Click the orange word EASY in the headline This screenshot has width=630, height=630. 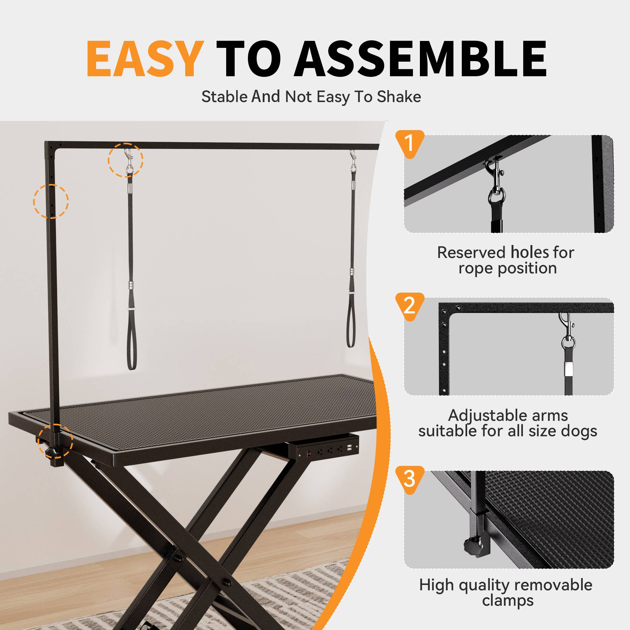(145, 59)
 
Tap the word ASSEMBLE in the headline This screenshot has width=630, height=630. (421, 59)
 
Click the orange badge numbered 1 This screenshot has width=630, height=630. (409, 142)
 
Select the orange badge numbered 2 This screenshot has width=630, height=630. (409, 306)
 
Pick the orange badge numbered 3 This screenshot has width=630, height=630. (409, 479)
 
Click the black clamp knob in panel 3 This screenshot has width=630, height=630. (472, 547)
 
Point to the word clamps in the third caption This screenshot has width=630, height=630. (507, 600)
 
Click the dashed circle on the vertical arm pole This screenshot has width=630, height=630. (51, 201)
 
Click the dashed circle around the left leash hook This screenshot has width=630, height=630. (126, 160)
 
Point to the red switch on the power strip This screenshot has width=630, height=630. (308, 454)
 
